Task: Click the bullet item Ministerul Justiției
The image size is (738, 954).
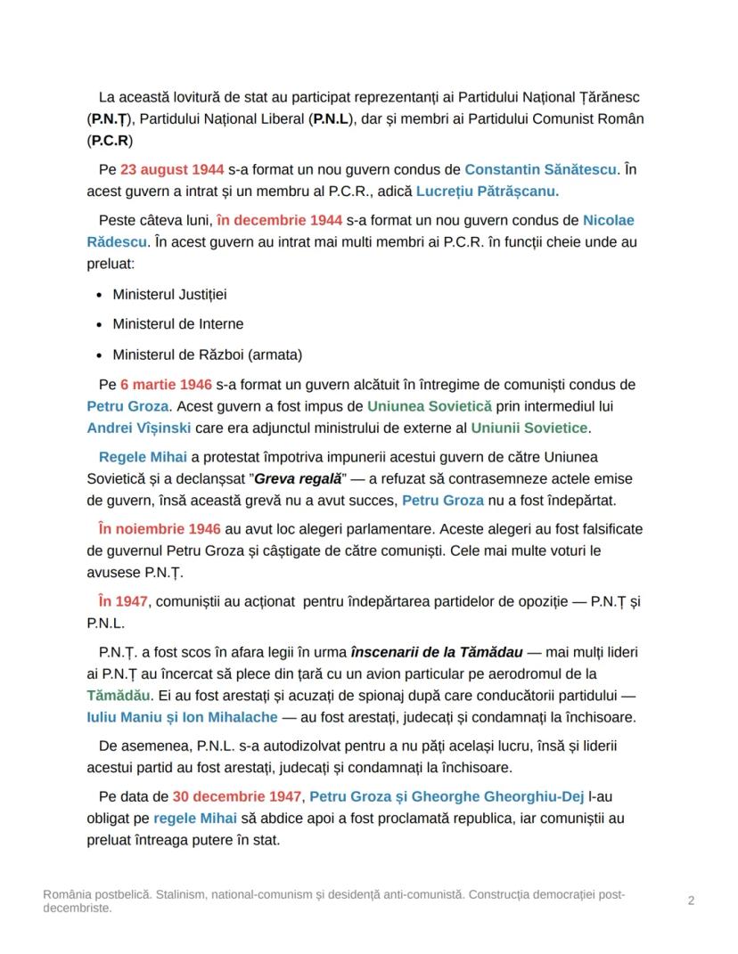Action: coord(163,294)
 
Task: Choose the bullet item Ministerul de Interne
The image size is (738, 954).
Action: coord(177,324)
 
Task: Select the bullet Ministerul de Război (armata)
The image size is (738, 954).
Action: coord(207,355)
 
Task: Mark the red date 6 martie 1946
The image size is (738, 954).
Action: coord(166,385)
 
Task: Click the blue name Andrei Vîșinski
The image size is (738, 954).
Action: coord(138,428)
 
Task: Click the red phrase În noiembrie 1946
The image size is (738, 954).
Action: coord(160,529)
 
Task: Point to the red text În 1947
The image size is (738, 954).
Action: coord(123,602)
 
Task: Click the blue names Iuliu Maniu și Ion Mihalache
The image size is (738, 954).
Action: coord(192,717)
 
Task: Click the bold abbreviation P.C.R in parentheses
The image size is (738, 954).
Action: coord(111,141)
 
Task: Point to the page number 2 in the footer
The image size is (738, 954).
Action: coord(691,901)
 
